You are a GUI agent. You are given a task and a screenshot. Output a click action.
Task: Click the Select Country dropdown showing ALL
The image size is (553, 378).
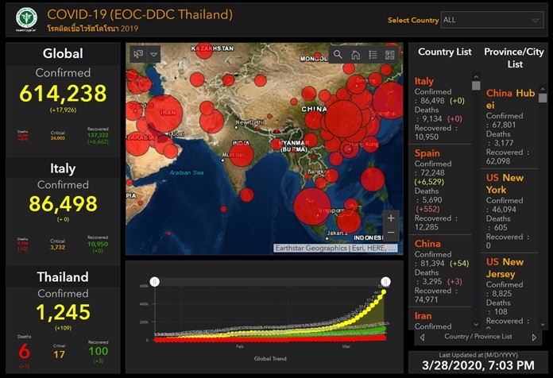492,20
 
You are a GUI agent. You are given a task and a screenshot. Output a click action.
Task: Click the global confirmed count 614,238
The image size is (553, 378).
63,94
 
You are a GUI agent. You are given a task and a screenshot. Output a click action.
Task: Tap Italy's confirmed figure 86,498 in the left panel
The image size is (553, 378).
63,203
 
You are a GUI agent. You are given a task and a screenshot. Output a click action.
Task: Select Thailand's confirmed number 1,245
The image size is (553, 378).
63,312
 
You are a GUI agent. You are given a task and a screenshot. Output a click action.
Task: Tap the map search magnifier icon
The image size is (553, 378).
338,55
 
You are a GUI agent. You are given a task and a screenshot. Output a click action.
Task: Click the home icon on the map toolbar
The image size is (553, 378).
355,55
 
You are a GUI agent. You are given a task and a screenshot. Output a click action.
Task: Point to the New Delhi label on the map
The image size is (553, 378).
251,123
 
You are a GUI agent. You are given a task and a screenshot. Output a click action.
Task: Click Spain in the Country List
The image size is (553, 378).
427,152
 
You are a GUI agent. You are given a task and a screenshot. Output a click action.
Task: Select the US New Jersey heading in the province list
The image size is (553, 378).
505,268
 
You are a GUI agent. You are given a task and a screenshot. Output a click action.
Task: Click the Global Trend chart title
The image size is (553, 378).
270,359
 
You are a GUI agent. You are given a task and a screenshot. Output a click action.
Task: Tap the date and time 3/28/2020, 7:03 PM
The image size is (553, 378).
479,366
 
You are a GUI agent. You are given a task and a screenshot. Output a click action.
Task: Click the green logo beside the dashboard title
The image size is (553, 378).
27,20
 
